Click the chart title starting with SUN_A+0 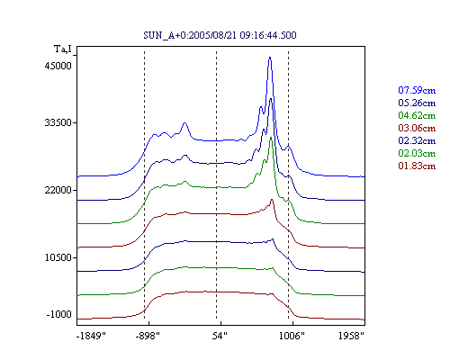point(220,35)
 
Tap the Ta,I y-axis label point(63,49)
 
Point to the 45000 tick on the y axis point(58,66)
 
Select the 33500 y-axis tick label point(58,122)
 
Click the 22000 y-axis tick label point(58,190)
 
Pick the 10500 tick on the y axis point(58,257)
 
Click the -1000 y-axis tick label point(59,314)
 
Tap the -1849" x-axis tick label point(91,336)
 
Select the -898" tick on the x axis point(148,336)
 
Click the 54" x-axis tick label point(220,336)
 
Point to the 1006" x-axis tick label point(292,336)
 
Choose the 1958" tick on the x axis point(351,336)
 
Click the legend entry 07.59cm point(417,90)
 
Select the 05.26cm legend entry point(417,103)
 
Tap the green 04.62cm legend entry point(417,115)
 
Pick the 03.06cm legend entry point(417,128)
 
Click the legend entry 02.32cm point(417,140)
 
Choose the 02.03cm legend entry point(417,153)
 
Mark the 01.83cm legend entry point(417,166)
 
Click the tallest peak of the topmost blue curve point(270,58)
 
